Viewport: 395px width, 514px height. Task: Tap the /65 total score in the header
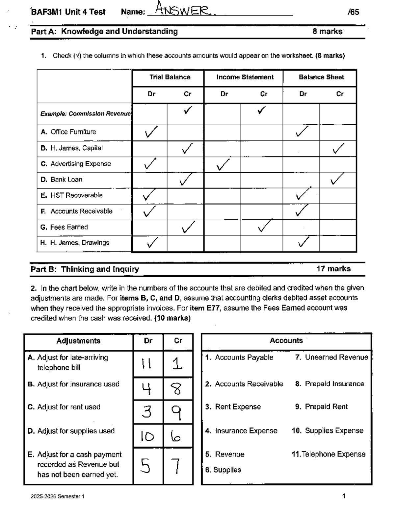pyautogui.click(x=353, y=12)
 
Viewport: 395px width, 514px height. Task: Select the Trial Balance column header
pyautogui.click(x=170, y=77)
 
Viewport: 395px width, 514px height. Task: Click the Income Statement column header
pyautogui.click(x=245, y=77)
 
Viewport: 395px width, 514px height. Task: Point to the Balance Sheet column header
pyautogui.click(x=321, y=77)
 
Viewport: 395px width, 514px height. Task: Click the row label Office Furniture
pyautogui.click(x=73, y=132)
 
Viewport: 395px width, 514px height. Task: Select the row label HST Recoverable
pyautogui.click(x=76, y=195)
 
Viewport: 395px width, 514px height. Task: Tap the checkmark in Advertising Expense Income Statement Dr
pyautogui.click(x=223, y=164)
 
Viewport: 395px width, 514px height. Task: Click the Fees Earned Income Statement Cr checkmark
pyautogui.click(x=265, y=226)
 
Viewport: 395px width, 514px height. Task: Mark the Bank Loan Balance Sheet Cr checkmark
pyautogui.click(x=337, y=179)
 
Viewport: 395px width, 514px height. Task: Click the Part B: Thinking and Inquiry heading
pyautogui.click(x=85, y=269)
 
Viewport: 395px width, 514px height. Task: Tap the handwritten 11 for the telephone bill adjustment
pyautogui.click(x=146, y=364)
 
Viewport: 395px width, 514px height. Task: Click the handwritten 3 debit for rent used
pyautogui.click(x=147, y=412)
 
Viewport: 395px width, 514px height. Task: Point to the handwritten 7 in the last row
pyautogui.click(x=177, y=466)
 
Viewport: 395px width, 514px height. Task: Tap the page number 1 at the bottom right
pyautogui.click(x=344, y=496)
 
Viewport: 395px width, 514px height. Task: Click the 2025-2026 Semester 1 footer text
pyautogui.click(x=58, y=497)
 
